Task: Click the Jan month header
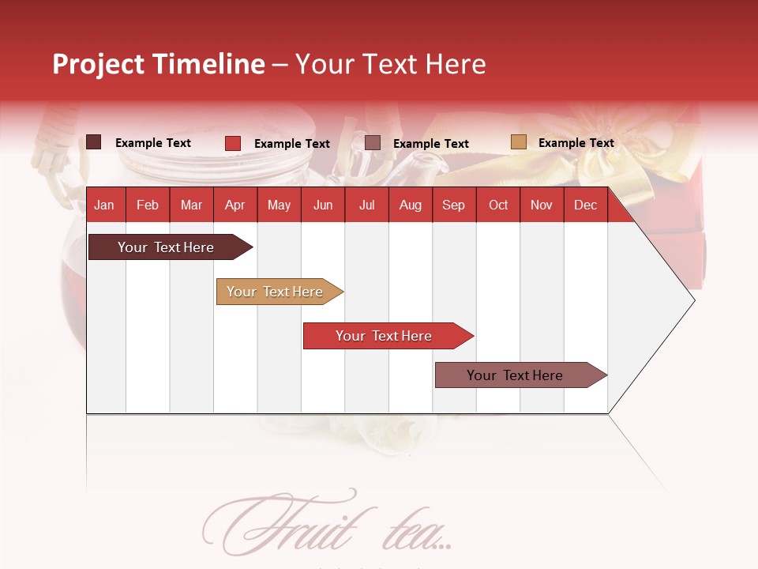coord(104,205)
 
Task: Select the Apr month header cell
coord(235,205)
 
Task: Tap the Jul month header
coord(366,205)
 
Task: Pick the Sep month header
coord(453,205)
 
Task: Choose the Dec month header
coord(585,205)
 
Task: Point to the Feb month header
coord(148,205)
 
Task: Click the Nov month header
coord(542,205)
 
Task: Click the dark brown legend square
coord(94,142)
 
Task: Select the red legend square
coord(233,143)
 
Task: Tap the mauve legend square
coord(373,142)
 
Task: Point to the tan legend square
coord(518,142)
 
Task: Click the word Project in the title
coord(99,64)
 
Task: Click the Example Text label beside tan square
coord(576,143)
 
